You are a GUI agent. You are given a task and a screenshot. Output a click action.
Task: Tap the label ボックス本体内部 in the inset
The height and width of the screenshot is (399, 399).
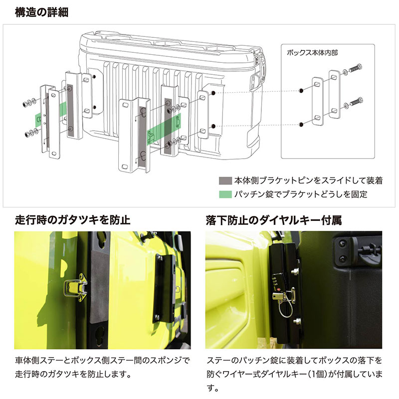coord(312,52)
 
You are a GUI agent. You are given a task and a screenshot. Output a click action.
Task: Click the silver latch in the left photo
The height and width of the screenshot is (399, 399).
coord(75,289)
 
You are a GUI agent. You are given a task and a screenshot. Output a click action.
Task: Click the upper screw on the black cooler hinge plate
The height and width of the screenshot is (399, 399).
coord(342,243)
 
